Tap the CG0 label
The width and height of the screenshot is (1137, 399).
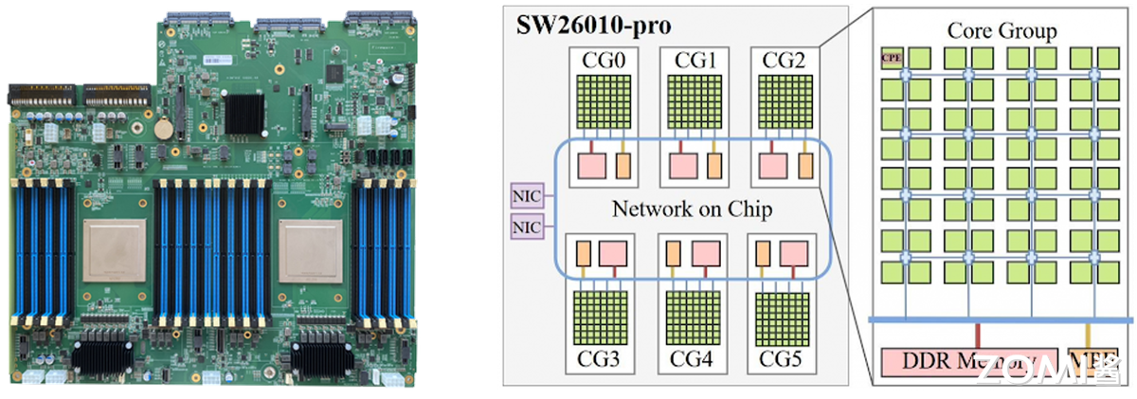pyautogui.click(x=598, y=62)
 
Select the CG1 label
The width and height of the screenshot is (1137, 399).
pyautogui.click(x=695, y=62)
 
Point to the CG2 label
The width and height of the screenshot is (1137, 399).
pyautogui.click(x=788, y=62)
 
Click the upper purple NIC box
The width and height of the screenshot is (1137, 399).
pyautogui.click(x=526, y=194)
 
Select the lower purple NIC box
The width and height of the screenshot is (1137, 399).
pyautogui.click(x=526, y=227)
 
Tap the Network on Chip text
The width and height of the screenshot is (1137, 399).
pyautogui.click(x=693, y=210)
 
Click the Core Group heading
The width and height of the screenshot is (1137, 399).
pyautogui.click(x=1002, y=32)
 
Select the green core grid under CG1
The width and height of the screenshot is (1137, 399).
pyautogui.click(x=695, y=102)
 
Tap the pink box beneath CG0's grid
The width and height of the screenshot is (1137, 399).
pyautogui.click(x=589, y=164)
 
